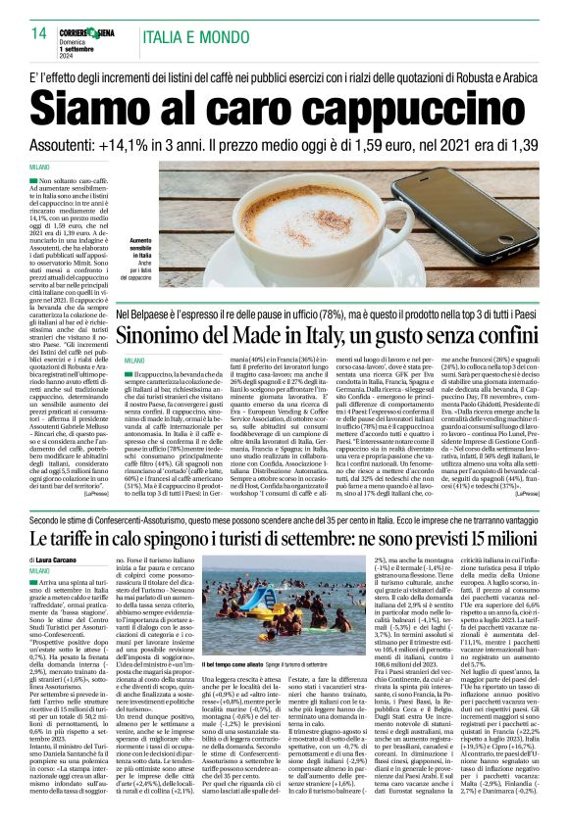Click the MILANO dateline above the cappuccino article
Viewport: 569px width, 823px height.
coord(40,168)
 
